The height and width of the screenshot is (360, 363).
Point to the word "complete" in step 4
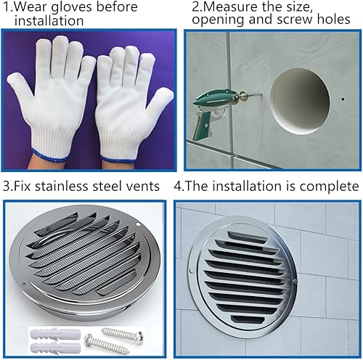tap(326, 187)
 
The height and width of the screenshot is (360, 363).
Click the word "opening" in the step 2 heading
tap(213, 22)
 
